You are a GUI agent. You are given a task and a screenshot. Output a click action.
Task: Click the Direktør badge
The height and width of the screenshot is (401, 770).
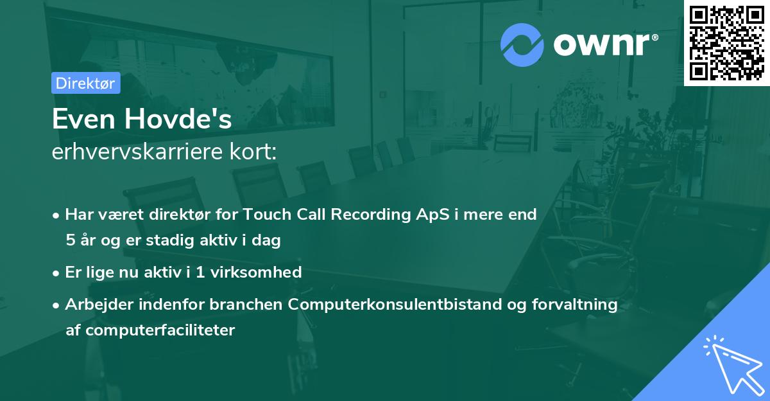(x=86, y=83)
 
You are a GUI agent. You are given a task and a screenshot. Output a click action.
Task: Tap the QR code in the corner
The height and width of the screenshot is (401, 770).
(x=726, y=42)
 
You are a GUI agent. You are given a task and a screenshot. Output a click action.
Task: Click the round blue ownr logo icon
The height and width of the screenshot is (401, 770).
(x=522, y=45)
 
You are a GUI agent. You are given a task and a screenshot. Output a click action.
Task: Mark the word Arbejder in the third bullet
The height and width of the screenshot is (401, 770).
(x=96, y=305)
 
